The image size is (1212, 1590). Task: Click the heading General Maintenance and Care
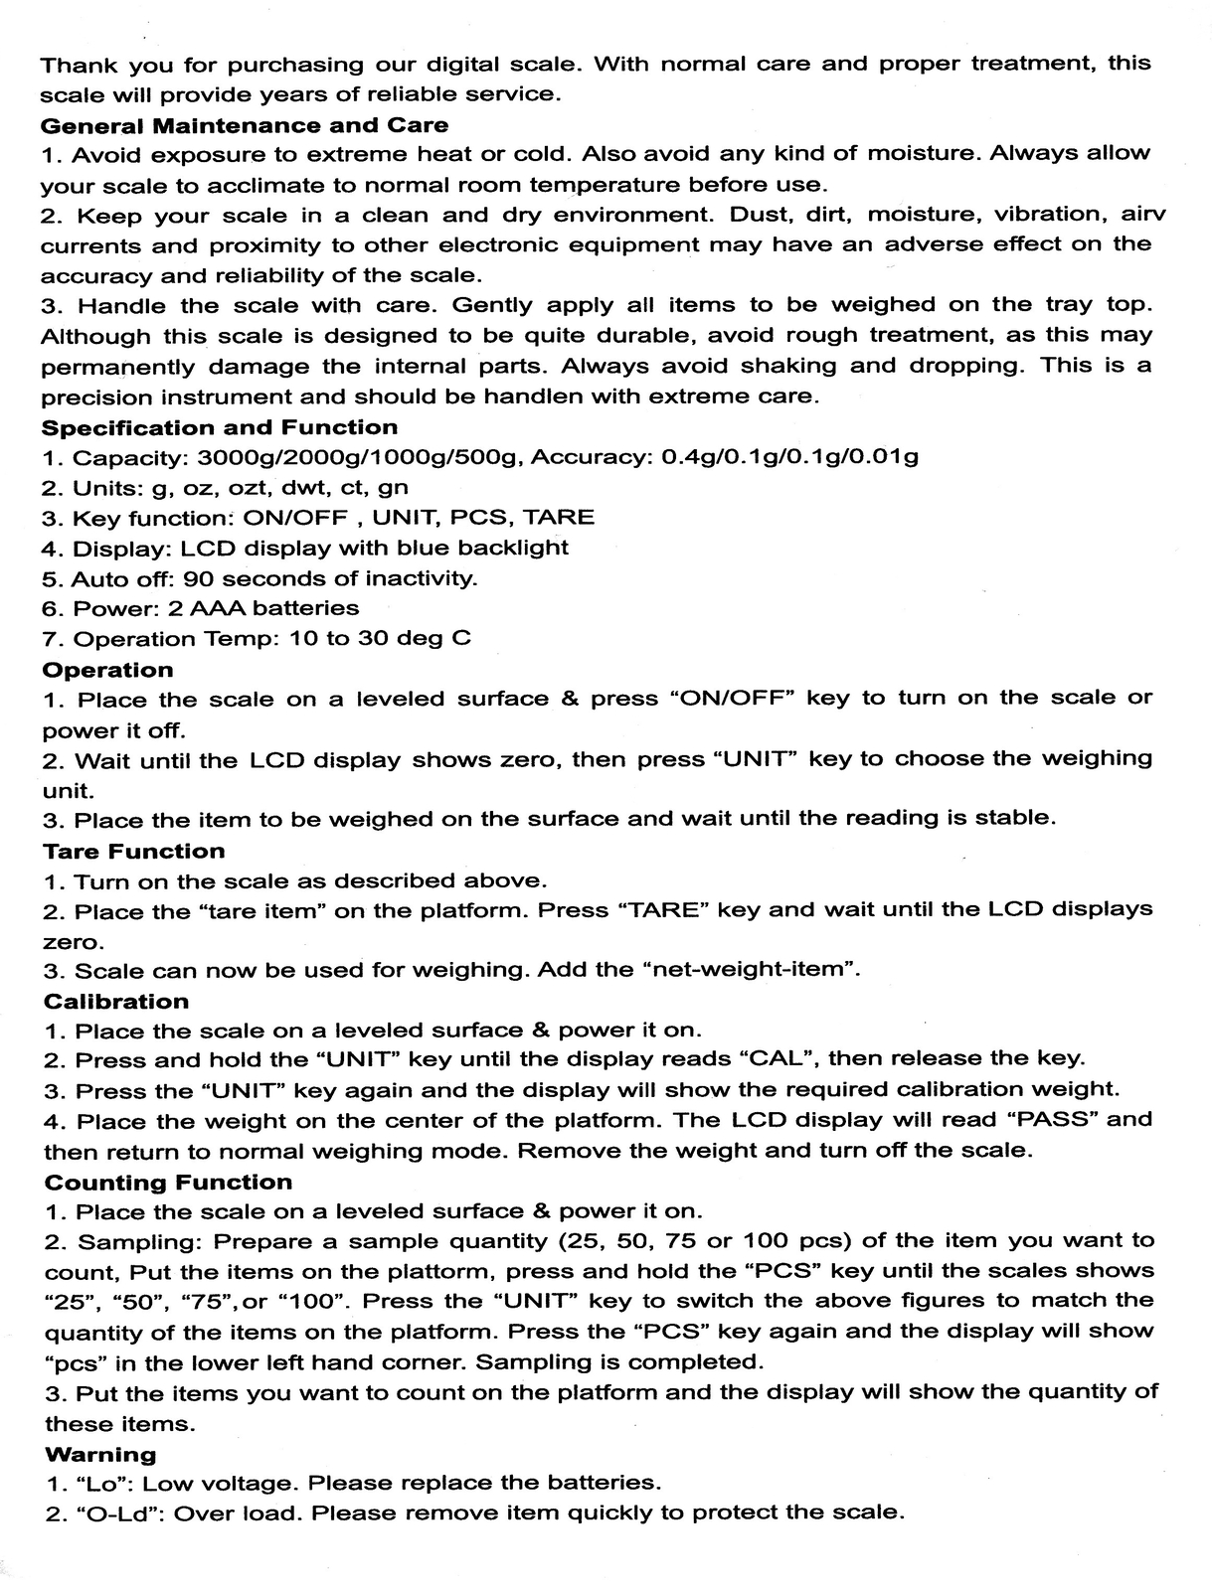244,126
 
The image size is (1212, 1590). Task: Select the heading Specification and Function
219,428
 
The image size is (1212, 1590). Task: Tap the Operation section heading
107,670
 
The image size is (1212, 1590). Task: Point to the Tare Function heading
134,851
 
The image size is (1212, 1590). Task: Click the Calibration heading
116,1002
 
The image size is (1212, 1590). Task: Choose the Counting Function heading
169,1183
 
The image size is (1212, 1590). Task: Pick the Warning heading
100,1455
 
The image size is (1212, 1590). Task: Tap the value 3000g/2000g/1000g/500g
360,458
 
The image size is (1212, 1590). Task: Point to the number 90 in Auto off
200,578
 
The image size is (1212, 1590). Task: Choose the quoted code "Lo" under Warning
102,1485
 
